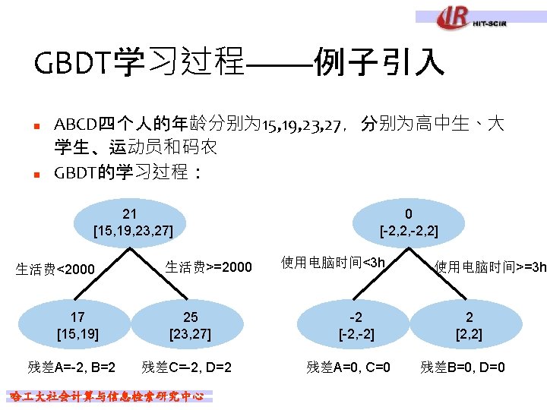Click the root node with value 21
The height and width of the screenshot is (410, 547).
point(133,221)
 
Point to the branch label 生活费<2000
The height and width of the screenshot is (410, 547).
point(56,269)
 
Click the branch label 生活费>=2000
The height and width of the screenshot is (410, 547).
point(207,267)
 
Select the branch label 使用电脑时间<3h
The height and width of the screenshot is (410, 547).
point(334,263)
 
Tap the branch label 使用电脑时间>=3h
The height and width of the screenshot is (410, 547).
point(491,267)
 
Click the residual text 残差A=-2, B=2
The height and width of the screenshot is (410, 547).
point(71,367)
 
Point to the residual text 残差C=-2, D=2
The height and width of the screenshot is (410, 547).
point(186,367)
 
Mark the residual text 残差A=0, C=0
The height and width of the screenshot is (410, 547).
point(349,367)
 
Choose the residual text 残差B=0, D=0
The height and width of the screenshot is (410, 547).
point(463,367)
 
